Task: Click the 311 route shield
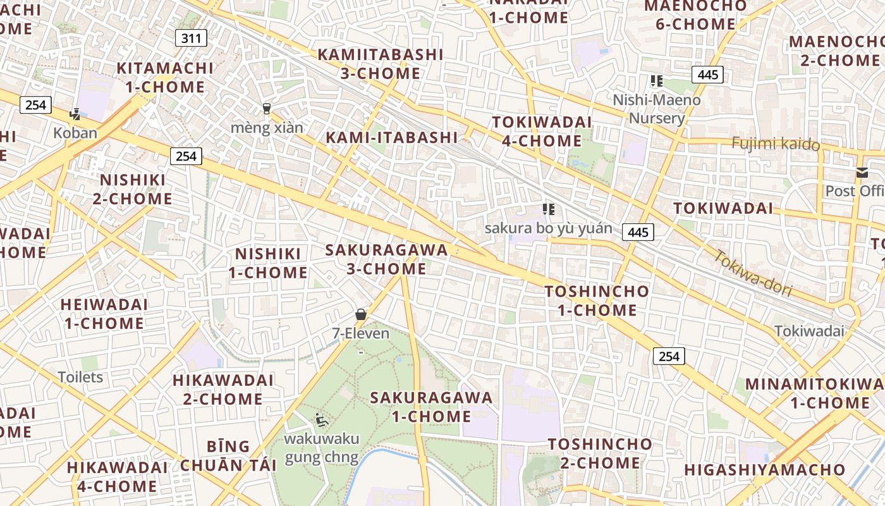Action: (x=191, y=39)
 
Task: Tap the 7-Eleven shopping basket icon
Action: (x=361, y=314)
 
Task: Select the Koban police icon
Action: (x=75, y=114)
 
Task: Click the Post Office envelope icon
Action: (x=862, y=173)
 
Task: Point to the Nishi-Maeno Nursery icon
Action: (x=657, y=81)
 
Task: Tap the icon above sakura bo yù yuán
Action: (x=548, y=209)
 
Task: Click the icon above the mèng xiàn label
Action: (x=267, y=109)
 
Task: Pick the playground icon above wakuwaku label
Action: (x=321, y=419)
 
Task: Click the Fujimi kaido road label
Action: (x=776, y=144)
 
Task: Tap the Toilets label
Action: (x=80, y=378)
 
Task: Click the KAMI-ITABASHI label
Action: (x=391, y=137)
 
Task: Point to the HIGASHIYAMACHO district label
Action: (x=764, y=469)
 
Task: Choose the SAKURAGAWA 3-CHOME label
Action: (x=386, y=259)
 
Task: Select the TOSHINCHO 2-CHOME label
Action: (x=600, y=453)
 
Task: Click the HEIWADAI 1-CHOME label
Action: (x=104, y=314)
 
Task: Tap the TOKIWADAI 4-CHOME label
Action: (x=542, y=131)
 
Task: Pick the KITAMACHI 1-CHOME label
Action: (x=165, y=77)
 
